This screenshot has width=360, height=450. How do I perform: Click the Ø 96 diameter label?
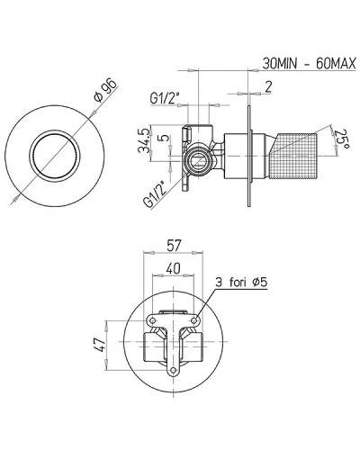tap(105, 90)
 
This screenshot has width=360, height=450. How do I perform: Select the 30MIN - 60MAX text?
tap(309, 64)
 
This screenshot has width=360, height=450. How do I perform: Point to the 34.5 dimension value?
tap(143, 140)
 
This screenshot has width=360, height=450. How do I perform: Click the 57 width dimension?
tap(174, 246)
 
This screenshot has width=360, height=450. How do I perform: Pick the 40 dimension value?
tap(173, 268)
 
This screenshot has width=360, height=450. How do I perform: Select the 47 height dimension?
tap(100, 345)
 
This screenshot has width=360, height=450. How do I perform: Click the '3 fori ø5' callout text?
tap(242, 283)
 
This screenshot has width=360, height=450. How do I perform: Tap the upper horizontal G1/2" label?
tap(165, 98)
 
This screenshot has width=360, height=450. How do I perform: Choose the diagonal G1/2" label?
tap(155, 193)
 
